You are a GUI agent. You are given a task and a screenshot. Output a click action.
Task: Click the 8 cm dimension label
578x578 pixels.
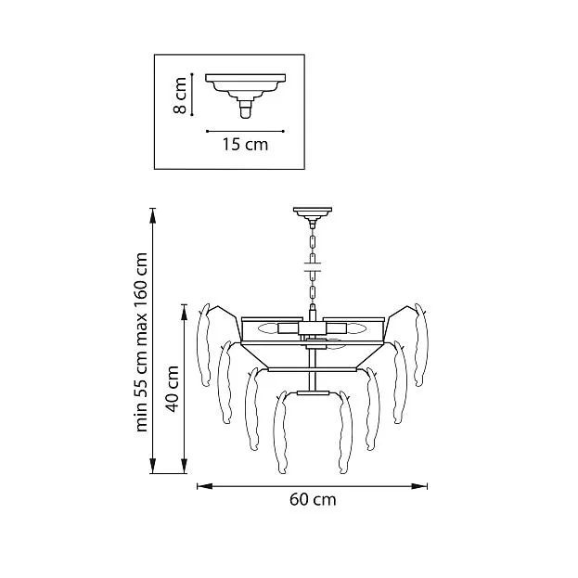[180, 96]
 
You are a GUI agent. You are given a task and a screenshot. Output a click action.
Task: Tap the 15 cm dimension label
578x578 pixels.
[245, 144]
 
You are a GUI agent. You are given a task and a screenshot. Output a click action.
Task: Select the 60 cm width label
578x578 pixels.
[313, 500]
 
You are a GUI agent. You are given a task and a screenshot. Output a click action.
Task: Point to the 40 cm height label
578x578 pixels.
[173, 389]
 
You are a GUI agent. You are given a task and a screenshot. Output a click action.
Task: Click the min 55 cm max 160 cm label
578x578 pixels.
[141, 342]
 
